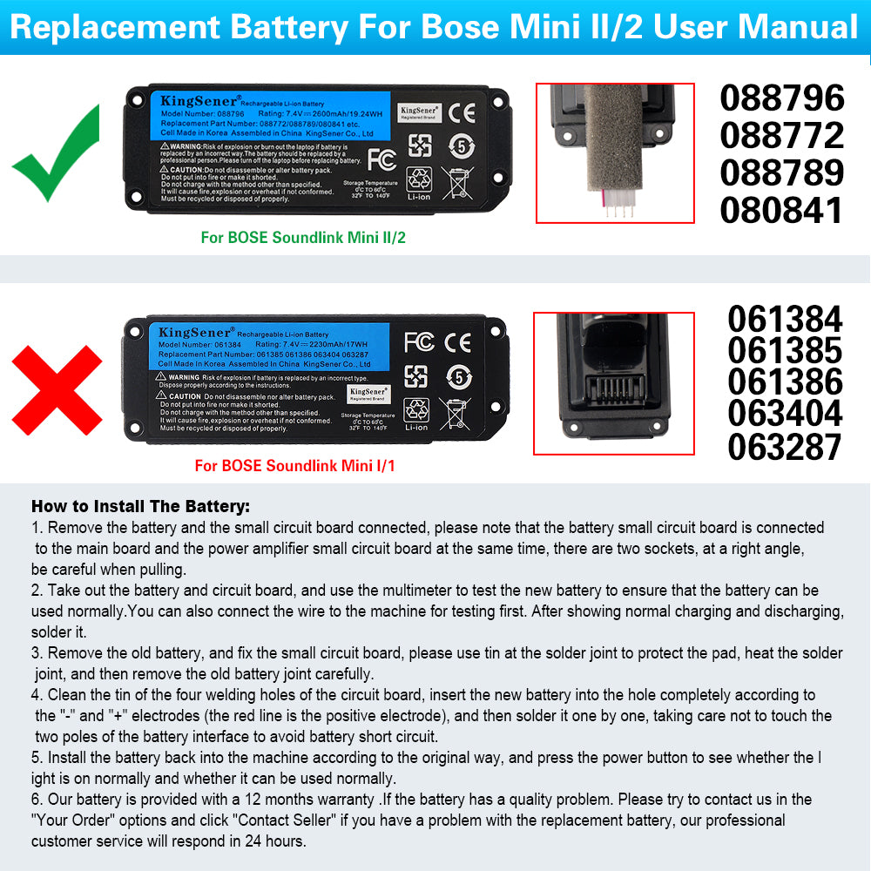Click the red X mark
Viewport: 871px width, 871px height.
(57, 389)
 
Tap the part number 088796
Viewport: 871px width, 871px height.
(782, 98)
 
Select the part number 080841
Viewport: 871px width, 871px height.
(782, 210)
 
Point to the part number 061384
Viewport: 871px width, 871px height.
(785, 319)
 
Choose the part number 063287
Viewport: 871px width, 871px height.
(785, 447)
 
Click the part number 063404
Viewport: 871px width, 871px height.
(785, 414)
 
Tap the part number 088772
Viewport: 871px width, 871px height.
(782, 135)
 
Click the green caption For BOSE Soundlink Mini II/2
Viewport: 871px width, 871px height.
(302, 237)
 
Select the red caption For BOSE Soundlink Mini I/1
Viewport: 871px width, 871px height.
(294, 466)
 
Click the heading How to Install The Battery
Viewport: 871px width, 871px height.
(140, 506)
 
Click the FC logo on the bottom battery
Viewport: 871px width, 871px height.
(418, 341)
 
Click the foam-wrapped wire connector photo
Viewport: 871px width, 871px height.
(614, 152)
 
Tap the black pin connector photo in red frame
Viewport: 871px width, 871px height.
(613, 383)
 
